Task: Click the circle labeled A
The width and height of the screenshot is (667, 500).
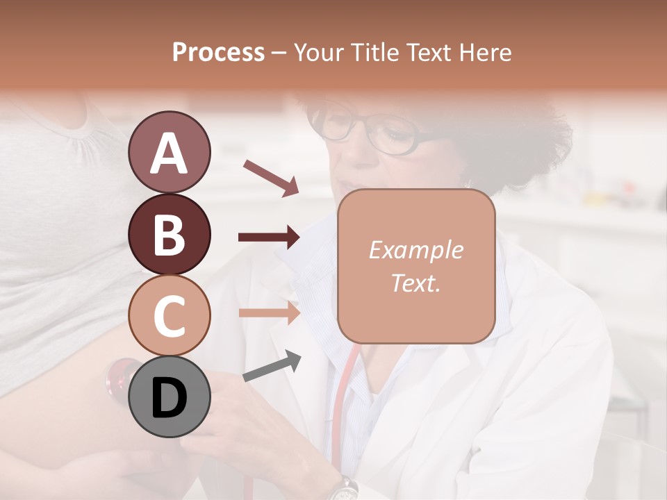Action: point(169,152)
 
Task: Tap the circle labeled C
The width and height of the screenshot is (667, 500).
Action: point(169,316)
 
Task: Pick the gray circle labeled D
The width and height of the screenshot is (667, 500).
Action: point(169,397)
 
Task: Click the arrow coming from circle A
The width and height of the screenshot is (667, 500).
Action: point(270,177)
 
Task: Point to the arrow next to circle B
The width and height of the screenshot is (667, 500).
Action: point(269,237)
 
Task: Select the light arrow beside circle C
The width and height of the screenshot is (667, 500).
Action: point(269,312)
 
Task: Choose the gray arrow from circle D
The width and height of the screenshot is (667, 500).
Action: point(272,366)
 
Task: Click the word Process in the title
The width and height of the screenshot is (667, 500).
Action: point(218,52)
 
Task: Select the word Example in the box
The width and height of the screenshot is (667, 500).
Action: point(415,250)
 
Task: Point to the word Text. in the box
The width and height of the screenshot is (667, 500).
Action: point(415,283)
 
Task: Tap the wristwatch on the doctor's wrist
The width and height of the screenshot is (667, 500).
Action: point(343,489)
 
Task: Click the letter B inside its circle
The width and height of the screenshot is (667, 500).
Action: point(169,234)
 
